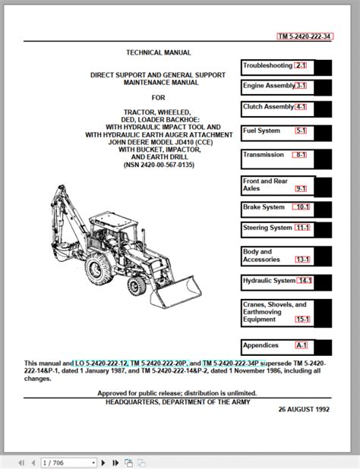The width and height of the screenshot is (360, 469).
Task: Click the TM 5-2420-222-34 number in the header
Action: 305,36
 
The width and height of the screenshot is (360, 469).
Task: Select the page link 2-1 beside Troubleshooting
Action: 301,65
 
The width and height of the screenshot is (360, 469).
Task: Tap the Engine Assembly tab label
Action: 269,86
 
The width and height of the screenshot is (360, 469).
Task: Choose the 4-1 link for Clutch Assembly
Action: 301,107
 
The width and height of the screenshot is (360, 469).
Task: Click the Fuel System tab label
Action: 261,131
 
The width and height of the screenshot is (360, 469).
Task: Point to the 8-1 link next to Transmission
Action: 300,155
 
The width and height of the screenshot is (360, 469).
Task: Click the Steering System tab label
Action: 267,228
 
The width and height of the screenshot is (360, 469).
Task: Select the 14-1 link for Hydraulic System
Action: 305,281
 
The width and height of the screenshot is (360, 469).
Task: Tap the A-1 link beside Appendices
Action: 302,345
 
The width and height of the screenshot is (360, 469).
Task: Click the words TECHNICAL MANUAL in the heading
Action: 158,52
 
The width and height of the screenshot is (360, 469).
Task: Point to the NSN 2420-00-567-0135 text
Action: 159,165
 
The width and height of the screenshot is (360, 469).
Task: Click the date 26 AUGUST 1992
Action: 304,409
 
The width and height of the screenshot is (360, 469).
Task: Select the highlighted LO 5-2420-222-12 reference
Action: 102,364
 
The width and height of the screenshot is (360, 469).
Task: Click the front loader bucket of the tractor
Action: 176,292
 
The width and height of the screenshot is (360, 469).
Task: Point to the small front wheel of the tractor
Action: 137,285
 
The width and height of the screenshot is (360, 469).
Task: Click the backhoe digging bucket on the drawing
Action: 62,250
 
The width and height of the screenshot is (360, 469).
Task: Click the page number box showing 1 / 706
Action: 69,463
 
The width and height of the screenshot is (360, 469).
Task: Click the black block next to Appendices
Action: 324,348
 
